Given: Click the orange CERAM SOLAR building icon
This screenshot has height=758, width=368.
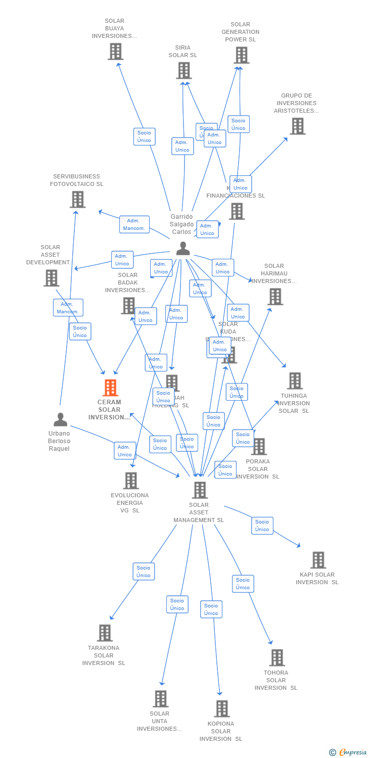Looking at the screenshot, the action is [110, 388].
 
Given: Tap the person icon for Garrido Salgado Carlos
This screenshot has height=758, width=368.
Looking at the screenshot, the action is [183, 249].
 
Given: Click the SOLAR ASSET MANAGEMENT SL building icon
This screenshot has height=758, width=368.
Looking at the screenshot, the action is [200, 490].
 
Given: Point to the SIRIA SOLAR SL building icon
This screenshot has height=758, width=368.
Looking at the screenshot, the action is [184, 71].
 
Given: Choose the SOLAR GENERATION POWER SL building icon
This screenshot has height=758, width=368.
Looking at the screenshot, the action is [242, 55].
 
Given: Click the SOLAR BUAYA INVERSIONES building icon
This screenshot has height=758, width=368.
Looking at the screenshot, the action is [115, 52].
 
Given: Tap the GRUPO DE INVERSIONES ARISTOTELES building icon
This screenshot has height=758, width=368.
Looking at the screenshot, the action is [298, 126].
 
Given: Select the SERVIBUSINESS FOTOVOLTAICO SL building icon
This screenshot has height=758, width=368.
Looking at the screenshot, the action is [77, 200].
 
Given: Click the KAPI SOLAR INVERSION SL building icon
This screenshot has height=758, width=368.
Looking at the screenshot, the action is [318, 560].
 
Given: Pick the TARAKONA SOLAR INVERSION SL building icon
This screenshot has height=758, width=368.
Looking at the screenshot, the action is [105, 633].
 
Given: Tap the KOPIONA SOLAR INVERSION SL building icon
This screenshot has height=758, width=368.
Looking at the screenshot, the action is [221, 709].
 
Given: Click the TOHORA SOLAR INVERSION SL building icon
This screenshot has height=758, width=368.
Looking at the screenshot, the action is [277, 658].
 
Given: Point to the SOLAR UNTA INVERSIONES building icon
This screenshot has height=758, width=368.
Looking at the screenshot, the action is [160, 699].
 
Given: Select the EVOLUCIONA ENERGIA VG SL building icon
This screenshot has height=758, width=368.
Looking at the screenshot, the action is [131, 481].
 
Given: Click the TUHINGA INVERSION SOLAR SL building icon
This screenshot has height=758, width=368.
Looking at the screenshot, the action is [294, 381].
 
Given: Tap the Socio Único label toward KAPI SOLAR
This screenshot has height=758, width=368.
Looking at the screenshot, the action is [262, 526].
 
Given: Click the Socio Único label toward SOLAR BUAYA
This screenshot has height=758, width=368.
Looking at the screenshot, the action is [144, 136].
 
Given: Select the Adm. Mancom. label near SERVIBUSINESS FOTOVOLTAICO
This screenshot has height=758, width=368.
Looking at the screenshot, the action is [134, 224].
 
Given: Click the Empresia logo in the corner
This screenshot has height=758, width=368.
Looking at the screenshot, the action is [348, 752].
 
